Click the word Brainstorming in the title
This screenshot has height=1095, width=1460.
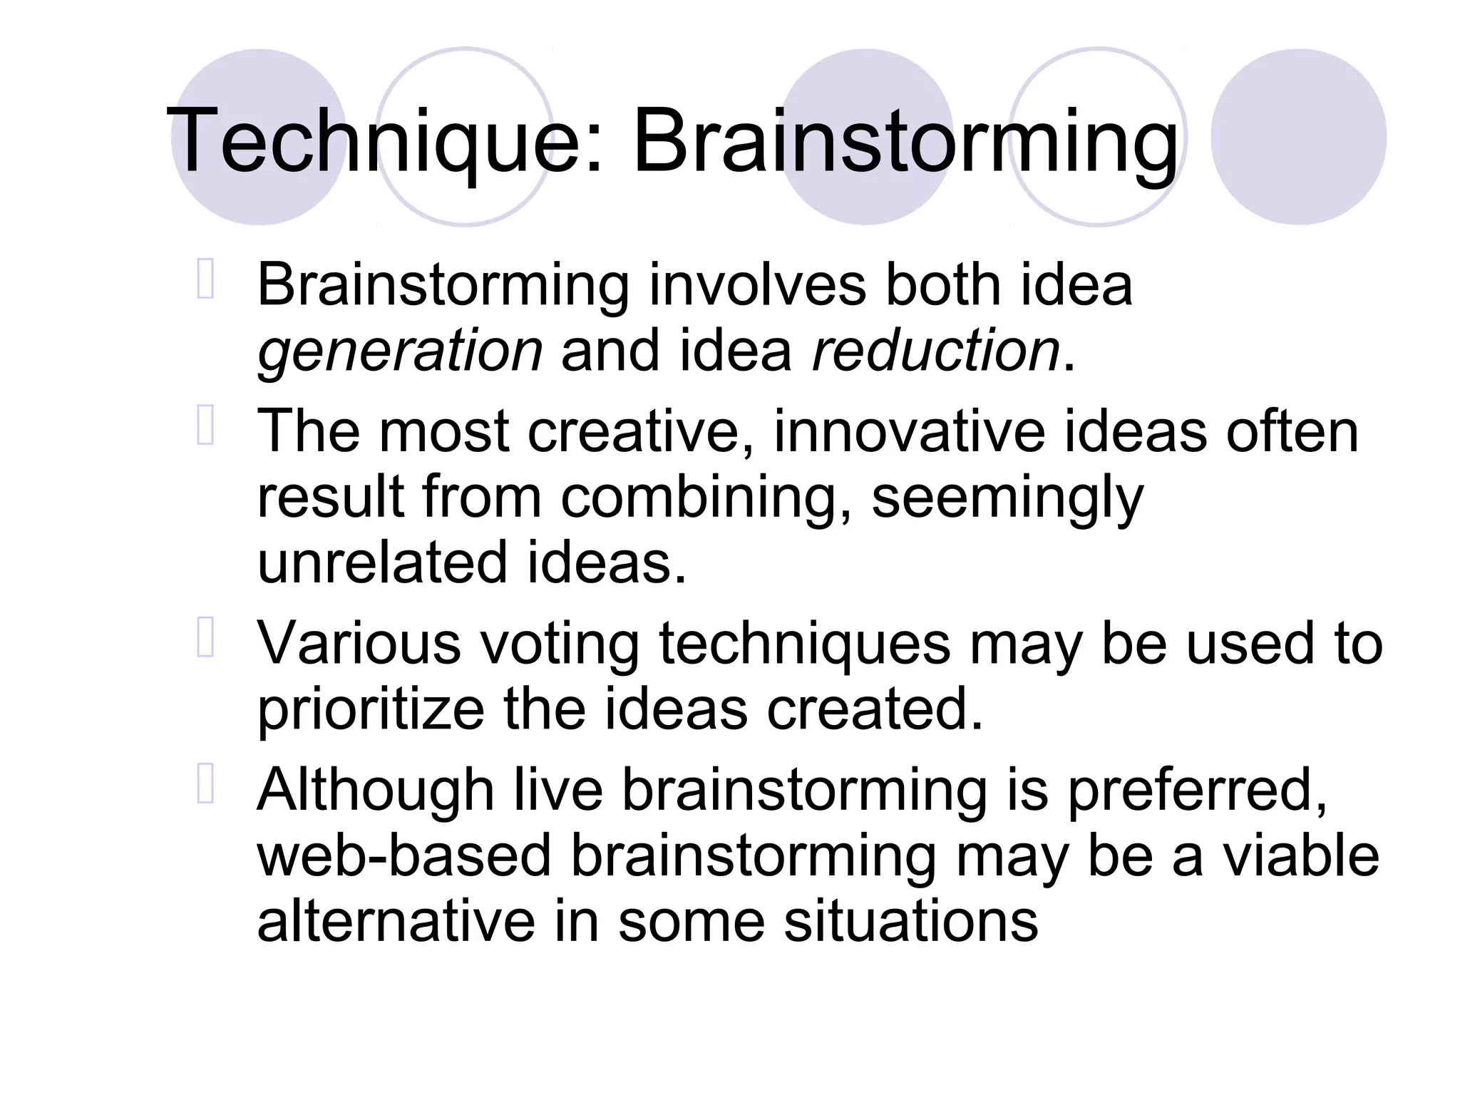coord(905,140)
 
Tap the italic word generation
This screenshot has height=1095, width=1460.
coord(400,351)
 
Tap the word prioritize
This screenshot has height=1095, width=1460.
coord(371,709)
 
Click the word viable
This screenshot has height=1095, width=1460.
coord(1301,855)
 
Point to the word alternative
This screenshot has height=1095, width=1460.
coord(396,921)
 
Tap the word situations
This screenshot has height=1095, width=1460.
coord(910,921)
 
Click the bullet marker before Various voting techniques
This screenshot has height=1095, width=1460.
coord(205,637)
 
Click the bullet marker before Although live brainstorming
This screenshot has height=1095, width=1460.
coord(205,784)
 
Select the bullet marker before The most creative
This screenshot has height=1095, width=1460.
coord(205,426)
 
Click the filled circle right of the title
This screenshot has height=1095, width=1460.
coord(1298,137)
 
